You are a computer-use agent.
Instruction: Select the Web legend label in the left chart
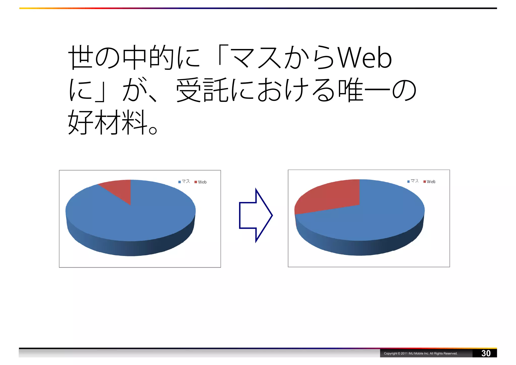(x=202, y=182)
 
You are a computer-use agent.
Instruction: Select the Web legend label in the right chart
(x=431, y=182)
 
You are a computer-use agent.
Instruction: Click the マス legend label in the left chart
(x=186, y=182)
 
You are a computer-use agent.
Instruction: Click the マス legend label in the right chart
(x=415, y=181)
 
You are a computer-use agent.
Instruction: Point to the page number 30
(x=486, y=353)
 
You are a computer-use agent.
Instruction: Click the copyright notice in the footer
(x=421, y=353)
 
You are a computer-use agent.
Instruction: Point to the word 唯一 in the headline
(x=364, y=90)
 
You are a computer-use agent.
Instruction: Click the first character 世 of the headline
(x=81, y=58)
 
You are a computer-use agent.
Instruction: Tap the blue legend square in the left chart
(x=180, y=182)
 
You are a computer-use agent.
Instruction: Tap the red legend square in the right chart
(x=425, y=182)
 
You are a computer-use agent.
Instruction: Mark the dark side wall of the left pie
(x=131, y=248)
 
